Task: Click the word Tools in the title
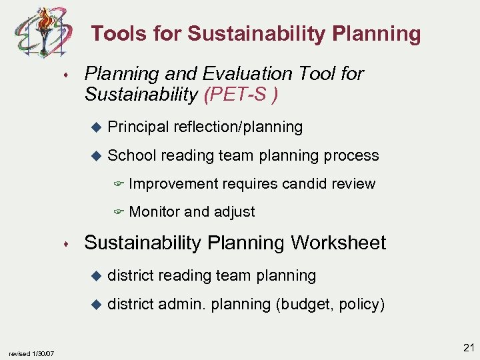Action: click(x=115, y=34)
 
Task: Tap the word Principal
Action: click(x=137, y=127)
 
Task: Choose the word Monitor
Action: click(x=154, y=212)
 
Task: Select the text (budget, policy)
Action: click(x=330, y=305)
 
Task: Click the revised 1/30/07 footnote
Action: click(x=33, y=353)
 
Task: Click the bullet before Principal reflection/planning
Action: click(x=95, y=127)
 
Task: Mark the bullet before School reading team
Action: click(x=95, y=156)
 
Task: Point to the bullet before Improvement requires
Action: click(x=118, y=185)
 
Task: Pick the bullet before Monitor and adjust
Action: click(x=118, y=213)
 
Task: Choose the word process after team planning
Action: click(x=351, y=156)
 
